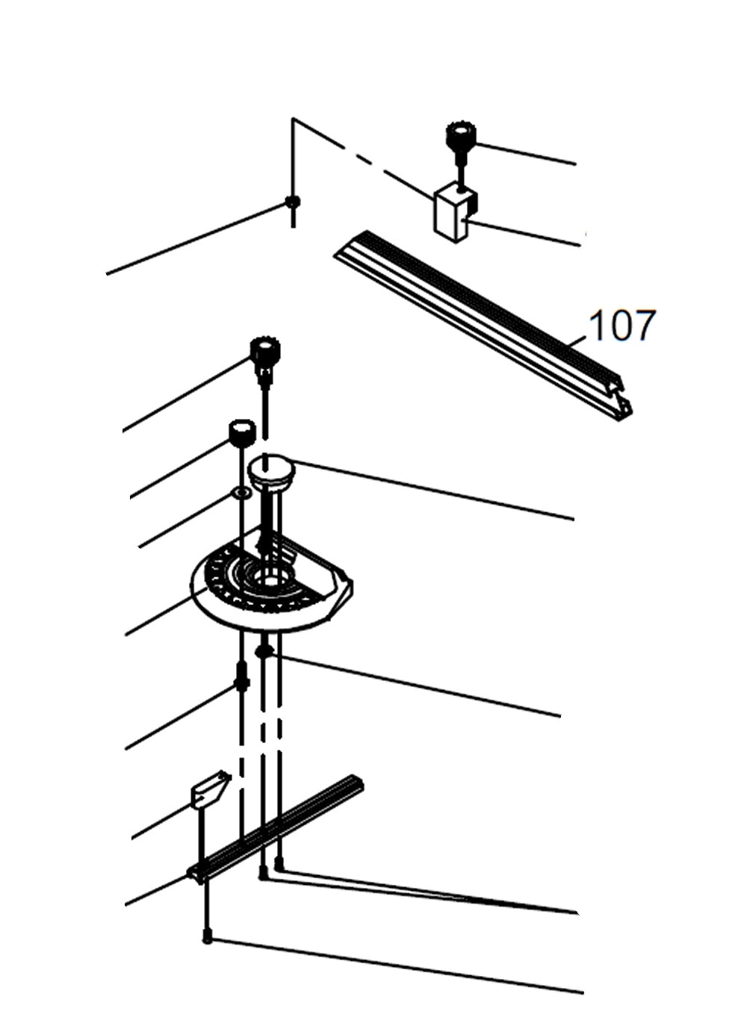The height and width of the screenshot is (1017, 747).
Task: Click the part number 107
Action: point(622,326)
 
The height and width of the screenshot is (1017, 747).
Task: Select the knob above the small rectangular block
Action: point(460,137)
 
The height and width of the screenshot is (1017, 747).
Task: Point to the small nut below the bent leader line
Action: point(293,202)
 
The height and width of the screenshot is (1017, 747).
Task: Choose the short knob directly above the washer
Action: point(241,432)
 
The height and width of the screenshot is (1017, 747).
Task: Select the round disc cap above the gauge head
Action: point(272,471)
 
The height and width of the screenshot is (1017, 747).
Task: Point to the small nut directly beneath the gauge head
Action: point(262,651)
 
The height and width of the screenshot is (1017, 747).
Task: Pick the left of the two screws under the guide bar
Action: point(262,872)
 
